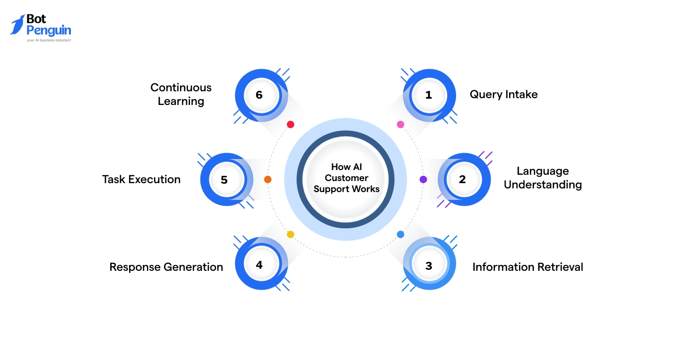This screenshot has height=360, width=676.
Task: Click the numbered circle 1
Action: (429, 95)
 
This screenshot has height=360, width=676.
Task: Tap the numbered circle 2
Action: (462, 179)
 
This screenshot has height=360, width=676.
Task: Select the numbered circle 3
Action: (429, 265)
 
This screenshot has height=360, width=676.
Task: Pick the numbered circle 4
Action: (259, 265)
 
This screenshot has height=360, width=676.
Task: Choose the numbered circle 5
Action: (225, 179)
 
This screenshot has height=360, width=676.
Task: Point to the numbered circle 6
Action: (259, 95)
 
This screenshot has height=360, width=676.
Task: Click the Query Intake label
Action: (503, 94)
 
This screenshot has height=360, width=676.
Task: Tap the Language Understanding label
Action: (543, 178)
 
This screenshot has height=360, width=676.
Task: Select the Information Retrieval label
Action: (527, 267)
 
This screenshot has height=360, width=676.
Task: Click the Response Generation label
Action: (166, 267)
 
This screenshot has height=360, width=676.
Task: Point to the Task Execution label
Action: (141, 179)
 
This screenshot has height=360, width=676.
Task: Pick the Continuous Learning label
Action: (181, 94)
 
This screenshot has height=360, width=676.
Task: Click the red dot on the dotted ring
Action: (290, 124)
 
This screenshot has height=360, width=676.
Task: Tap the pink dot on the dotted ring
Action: (400, 124)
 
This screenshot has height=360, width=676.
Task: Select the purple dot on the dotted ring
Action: (424, 179)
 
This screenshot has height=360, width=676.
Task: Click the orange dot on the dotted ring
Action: (268, 179)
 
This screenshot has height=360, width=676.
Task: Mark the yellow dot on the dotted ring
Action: (290, 235)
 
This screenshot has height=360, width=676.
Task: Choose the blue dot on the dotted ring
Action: (400, 235)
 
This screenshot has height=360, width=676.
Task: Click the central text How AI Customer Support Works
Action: (346, 178)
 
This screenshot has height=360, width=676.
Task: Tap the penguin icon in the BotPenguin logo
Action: (17, 25)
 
